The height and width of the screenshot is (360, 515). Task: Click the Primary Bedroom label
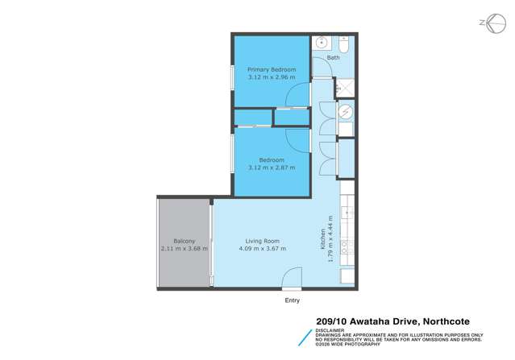point(270,70)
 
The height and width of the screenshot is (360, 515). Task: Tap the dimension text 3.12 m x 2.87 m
point(270,168)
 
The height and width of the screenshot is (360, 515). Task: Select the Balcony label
point(184,240)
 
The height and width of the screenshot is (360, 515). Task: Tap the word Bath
point(333,58)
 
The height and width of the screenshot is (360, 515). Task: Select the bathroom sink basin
point(320,43)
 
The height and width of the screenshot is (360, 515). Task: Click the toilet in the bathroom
point(344,43)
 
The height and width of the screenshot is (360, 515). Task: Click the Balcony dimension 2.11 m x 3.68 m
point(184,248)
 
